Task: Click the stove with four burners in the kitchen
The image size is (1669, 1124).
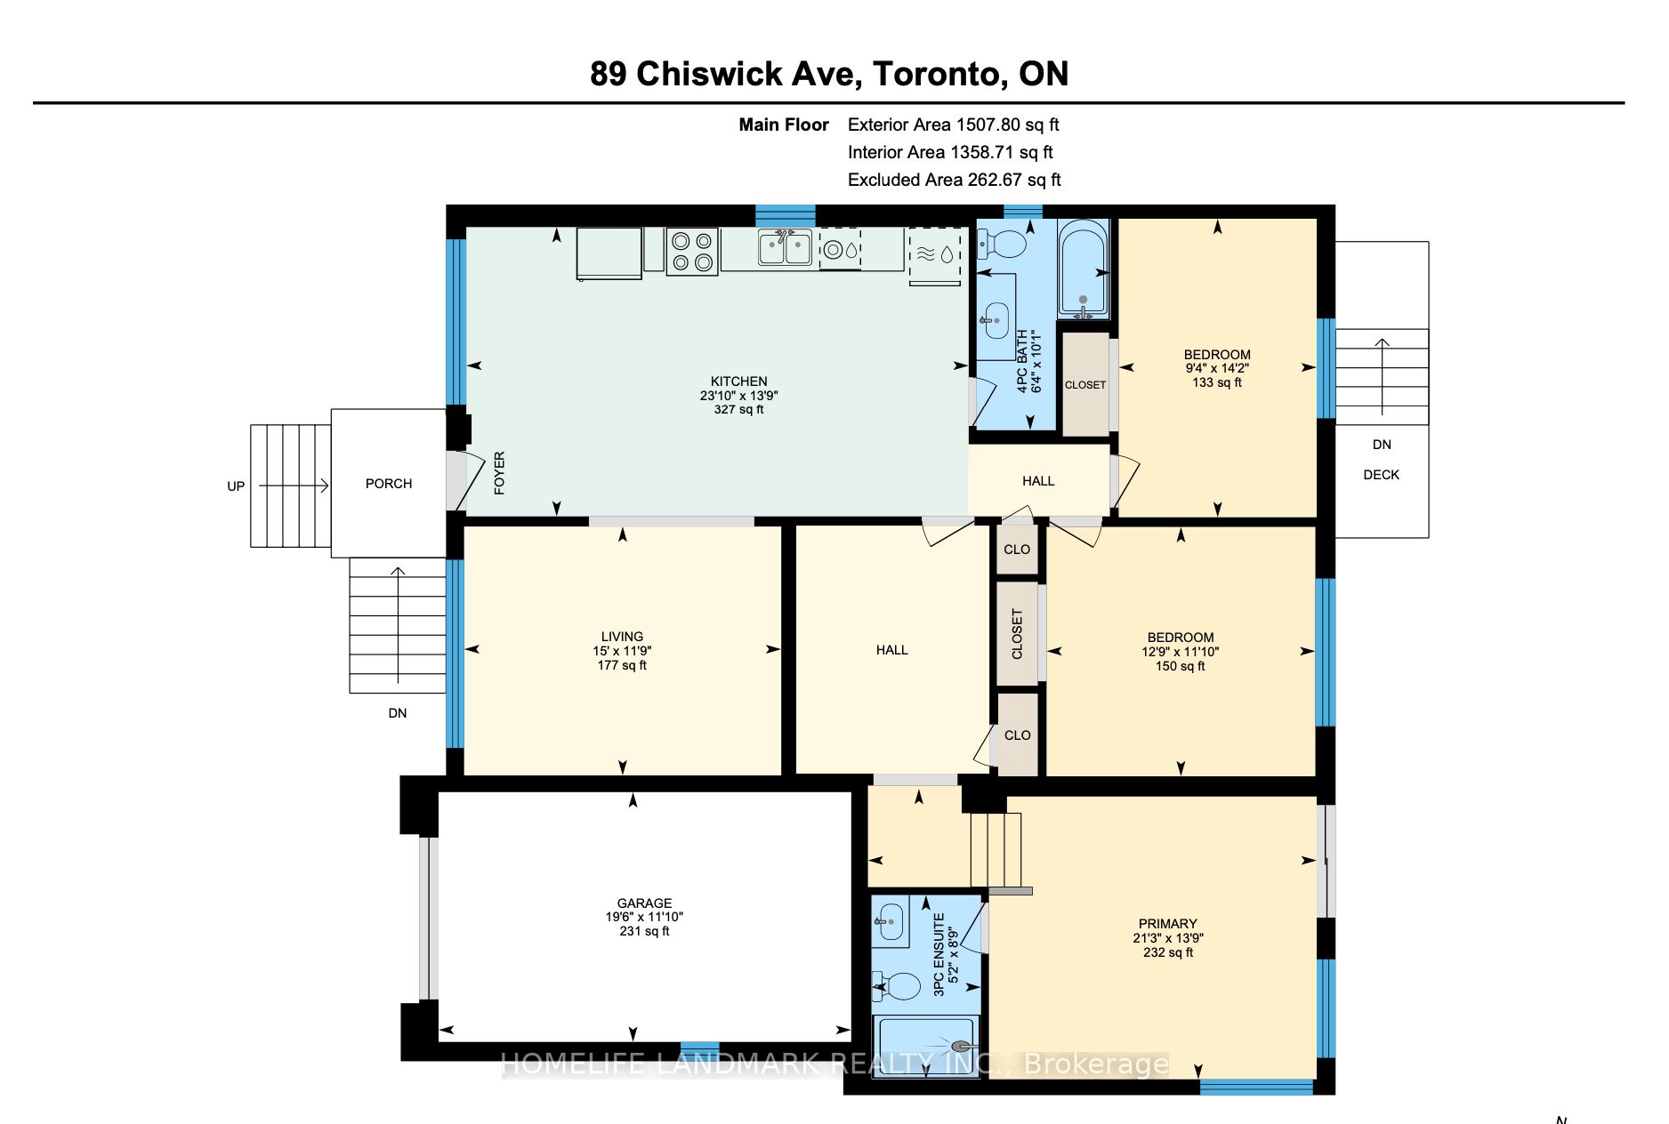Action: pos(692,252)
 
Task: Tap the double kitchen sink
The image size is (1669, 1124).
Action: pos(785,247)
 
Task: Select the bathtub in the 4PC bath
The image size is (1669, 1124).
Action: pos(1083,268)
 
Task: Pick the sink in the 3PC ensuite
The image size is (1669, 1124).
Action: pos(890,921)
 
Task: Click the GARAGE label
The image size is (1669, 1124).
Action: pos(645,903)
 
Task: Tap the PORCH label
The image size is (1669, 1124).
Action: pos(389,484)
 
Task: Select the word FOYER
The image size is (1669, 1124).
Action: pos(499,473)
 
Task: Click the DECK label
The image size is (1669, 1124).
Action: pos(1382,475)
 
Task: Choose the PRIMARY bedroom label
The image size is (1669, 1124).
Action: pos(1168,924)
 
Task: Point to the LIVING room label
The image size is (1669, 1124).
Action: pos(622,637)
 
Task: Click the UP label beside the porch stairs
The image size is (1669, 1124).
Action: pos(236,486)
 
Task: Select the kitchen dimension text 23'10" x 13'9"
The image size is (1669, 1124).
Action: pos(739,396)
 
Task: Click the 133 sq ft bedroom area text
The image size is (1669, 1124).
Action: pos(1217,382)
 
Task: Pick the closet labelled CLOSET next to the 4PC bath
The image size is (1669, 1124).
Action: pos(1085,384)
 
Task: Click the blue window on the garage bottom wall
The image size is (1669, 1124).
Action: pos(700,1048)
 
